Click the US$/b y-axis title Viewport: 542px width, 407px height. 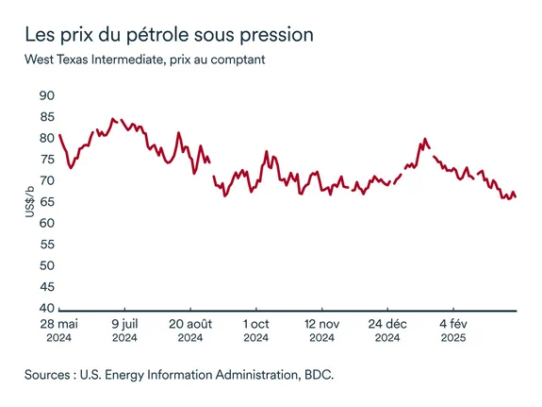click(31, 203)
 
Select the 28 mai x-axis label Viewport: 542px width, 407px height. click(58, 323)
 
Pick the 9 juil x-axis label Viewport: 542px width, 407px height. click(124, 323)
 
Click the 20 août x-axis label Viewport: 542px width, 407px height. click(190, 323)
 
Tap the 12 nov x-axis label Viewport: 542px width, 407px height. click(321, 323)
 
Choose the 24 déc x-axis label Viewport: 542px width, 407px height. click(387, 323)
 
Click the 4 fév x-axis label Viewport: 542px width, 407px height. click(453, 323)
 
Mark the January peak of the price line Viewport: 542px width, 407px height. click(424, 139)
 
